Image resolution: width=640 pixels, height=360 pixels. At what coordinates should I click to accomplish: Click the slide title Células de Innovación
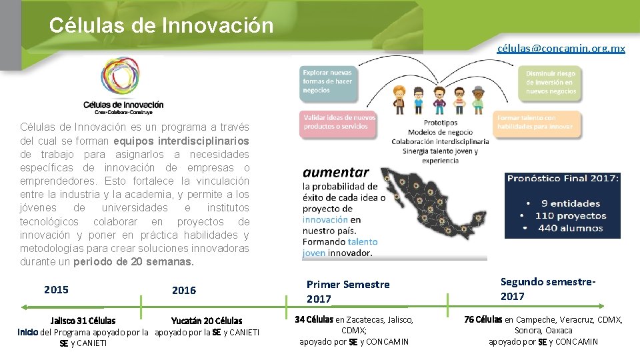pyautogui.click(x=161, y=25)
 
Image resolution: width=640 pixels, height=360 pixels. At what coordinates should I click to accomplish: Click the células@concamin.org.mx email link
pyautogui.click(x=561, y=49)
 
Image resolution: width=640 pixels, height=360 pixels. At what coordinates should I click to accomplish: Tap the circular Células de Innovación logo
pyautogui.click(x=123, y=79)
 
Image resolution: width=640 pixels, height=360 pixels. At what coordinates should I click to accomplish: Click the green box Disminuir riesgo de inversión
pyautogui.click(x=551, y=82)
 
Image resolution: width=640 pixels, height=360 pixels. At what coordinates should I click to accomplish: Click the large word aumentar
pyautogui.click(x=336, y=172)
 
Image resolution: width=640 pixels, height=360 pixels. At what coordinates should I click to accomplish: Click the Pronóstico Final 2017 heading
pyautogui.click(x=563, y=179)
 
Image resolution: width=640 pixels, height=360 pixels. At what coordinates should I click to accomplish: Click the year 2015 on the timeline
pyautogui.click(x=56, y=289)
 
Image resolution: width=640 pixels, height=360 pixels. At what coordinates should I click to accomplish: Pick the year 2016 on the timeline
pyautogui.click(x=184, y=290)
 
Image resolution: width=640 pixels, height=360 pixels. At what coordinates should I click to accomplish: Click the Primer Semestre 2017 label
pyautogui.click(x=347, y=291)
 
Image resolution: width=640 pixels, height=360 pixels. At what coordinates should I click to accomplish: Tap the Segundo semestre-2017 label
pyautogui.click(x=548, y=289)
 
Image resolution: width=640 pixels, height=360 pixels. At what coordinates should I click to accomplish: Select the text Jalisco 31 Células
pyautogui.click(x=83, y=321)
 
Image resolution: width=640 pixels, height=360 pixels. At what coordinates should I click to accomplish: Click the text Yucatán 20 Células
pyautogui.click(x=207, y=321)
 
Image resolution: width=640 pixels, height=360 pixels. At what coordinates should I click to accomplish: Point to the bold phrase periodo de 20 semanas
pyautogui.click(x=133, y=262)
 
